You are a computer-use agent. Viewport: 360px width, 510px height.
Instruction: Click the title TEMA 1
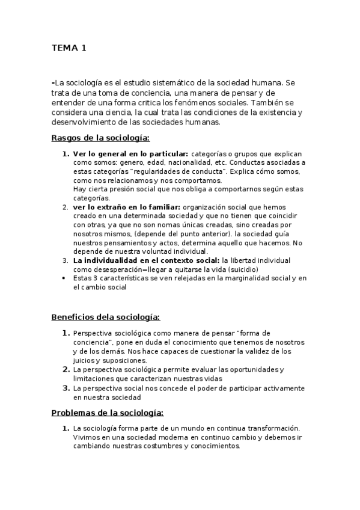[x=69, y=48]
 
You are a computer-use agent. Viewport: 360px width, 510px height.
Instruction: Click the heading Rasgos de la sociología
[x=100, y=138]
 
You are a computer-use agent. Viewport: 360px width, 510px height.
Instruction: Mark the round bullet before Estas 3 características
[x=65, y=278]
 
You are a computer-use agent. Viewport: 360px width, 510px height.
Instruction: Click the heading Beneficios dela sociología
[x=105, y=317]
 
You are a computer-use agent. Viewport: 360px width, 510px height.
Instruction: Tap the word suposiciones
[x=112, y=360]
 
